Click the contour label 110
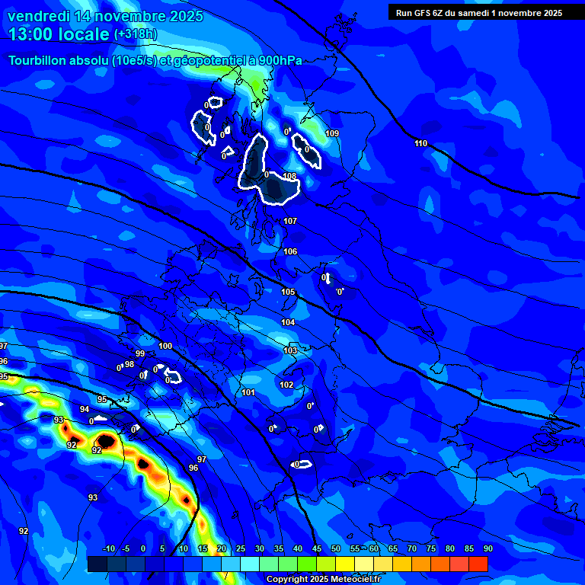(x=421, y=144)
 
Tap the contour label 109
(x=332, y=134)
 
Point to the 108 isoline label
(x=289, y=177)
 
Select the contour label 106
(x=290, y=251)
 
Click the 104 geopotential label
(x=288, y=323)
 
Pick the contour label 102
(x=286, y=385)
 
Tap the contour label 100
(x=165, y=347)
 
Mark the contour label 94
(x=85, y=410)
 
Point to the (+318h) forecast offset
(x=136, y=34)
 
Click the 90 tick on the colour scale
(x=487, y=549)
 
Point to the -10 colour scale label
(x=108, y=549)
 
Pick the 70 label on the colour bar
(x=412, y=549)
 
